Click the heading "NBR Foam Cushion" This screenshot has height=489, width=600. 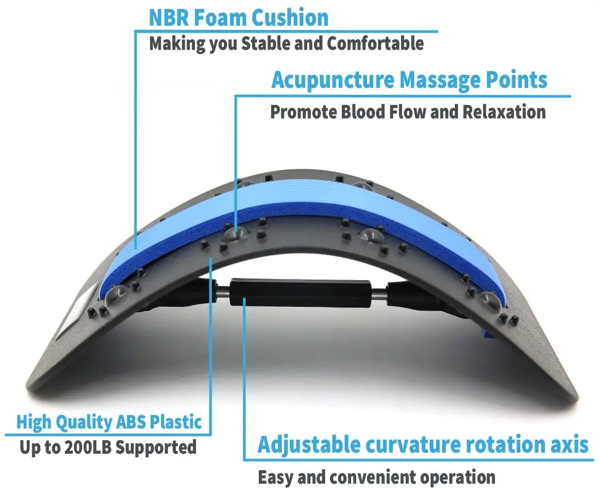coord(238,17)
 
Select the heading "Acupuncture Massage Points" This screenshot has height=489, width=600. coord(409,80)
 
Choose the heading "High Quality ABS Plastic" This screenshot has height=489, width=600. coord(109,422)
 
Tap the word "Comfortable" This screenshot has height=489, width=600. coord(375,43)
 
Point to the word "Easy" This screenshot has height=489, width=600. coord(276,477)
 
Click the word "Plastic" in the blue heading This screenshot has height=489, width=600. coord(175,422)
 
